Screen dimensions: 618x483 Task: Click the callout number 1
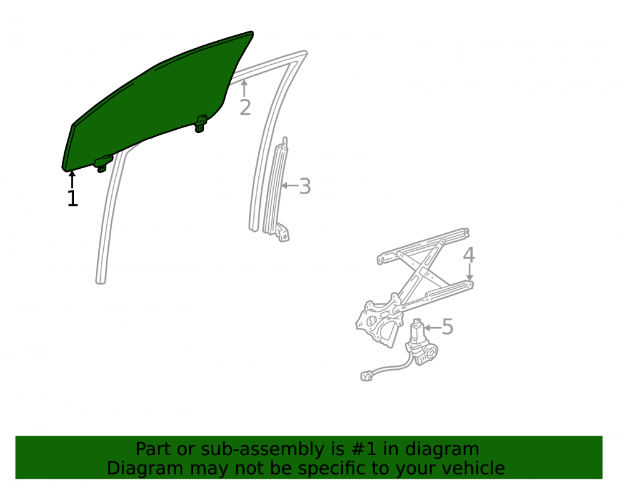click(72, 198)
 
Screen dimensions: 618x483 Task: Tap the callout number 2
click(245, 108)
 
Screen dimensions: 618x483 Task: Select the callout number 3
click(305, 186)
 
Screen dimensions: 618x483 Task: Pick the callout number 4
click(468, 255)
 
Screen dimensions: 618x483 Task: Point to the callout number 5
click(447, 327)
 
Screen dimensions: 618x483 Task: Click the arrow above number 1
click(72, 179)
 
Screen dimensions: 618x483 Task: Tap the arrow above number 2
click(244, 88)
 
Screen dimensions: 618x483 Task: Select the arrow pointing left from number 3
click(289, 186)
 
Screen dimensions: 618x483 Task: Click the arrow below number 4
click(470, 273)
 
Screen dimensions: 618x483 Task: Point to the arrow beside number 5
click(432, 328)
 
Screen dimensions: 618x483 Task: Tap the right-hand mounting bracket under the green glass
click(201, 124)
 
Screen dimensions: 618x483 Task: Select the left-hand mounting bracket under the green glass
click(103, 163)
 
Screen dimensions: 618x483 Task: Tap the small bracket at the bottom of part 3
click(283, 233)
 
